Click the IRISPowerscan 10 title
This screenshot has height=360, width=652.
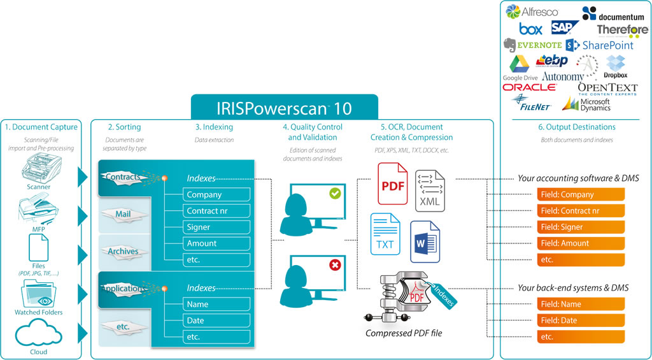[284, 107]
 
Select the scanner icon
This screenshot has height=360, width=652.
[39, 171]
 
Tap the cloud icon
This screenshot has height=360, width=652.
[38, 335]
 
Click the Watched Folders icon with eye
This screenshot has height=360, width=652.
[39, 293]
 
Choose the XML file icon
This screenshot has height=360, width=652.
[430, 191]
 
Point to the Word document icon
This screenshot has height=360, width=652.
[425, 241]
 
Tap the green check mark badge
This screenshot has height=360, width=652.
[335, 192]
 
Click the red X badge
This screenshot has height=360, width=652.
[335, 264]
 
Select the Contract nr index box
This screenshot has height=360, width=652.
[216, 211]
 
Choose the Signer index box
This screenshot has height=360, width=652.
[216, 227]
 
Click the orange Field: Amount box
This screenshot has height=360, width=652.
[581, 243]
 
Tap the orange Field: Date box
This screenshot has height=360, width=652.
[581, 320]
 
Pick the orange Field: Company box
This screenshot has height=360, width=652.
[581, 195]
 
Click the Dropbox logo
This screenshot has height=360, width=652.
[615, 66]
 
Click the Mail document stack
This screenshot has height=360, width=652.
[123, 214]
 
